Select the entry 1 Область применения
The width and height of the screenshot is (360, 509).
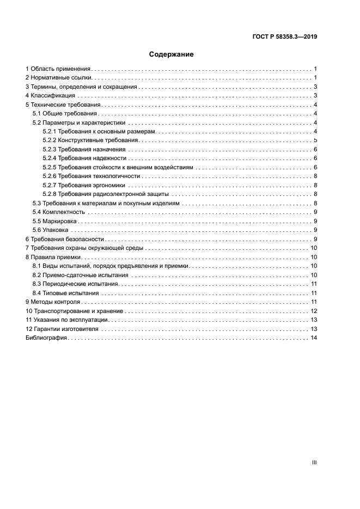point(58,69)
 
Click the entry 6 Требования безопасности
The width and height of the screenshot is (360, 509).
point(65,239)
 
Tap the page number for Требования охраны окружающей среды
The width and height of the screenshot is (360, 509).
point(314,248)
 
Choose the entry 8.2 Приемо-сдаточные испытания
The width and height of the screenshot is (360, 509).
point(80,275)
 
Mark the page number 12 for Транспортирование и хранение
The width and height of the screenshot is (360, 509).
point(314,311)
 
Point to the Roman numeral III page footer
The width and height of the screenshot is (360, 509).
point(314,462)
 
